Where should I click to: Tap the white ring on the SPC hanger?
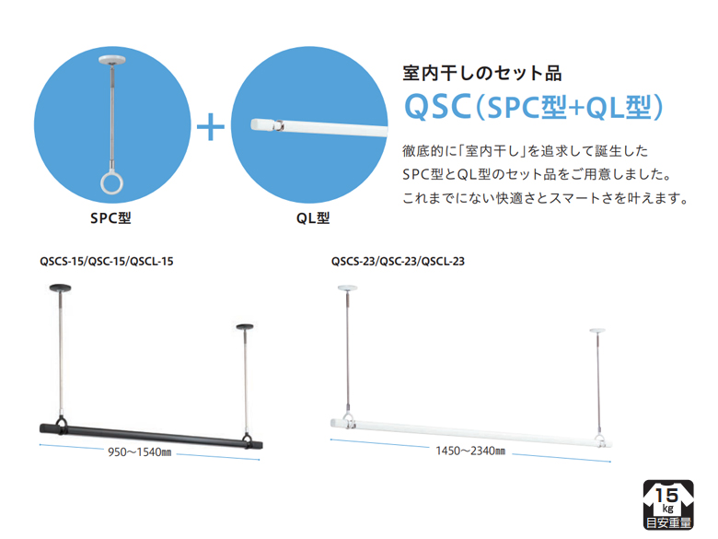(110, 182)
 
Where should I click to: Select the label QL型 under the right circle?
(313, 219)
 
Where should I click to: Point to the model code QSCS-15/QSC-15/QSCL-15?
(107, 261)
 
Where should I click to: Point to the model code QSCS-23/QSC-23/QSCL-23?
(398, 261)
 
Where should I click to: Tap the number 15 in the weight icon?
(667, 498)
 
